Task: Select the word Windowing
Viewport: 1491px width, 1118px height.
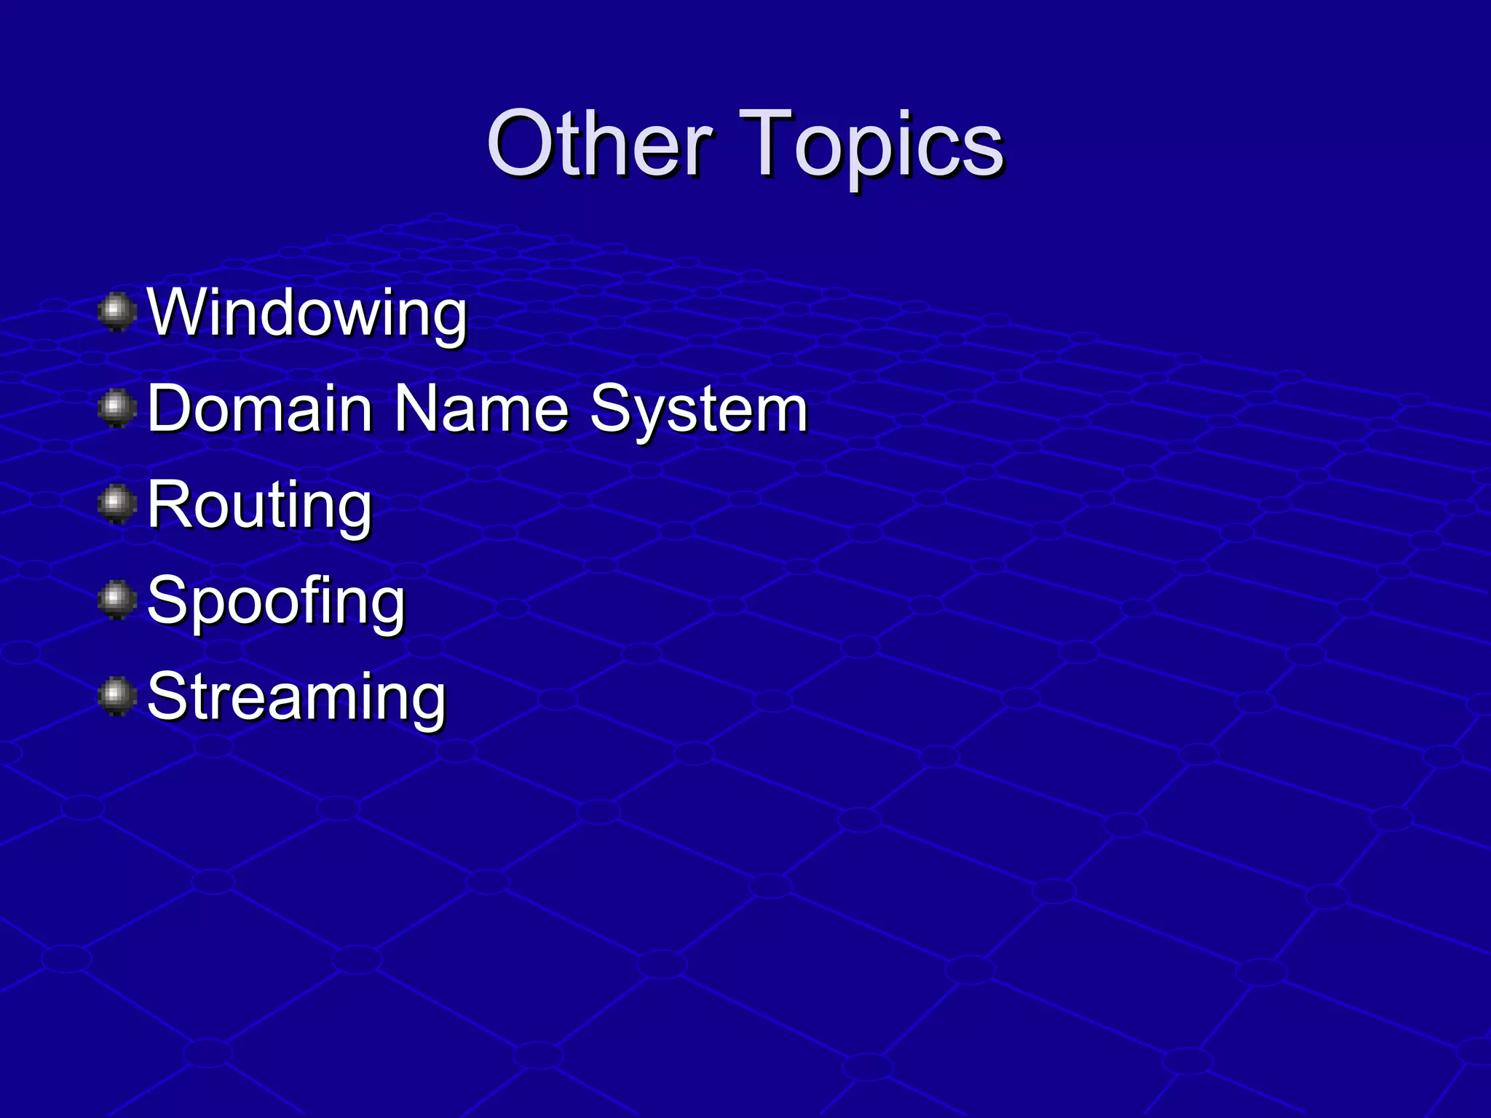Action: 306,314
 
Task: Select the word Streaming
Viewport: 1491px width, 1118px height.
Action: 296,698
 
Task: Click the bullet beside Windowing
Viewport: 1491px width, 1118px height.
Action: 116,312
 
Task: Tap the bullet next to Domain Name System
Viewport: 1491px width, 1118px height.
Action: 116,408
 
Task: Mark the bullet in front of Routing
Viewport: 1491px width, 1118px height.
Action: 116,504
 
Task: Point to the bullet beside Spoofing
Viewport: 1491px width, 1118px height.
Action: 116,600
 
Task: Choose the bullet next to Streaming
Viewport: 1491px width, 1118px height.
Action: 116,697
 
